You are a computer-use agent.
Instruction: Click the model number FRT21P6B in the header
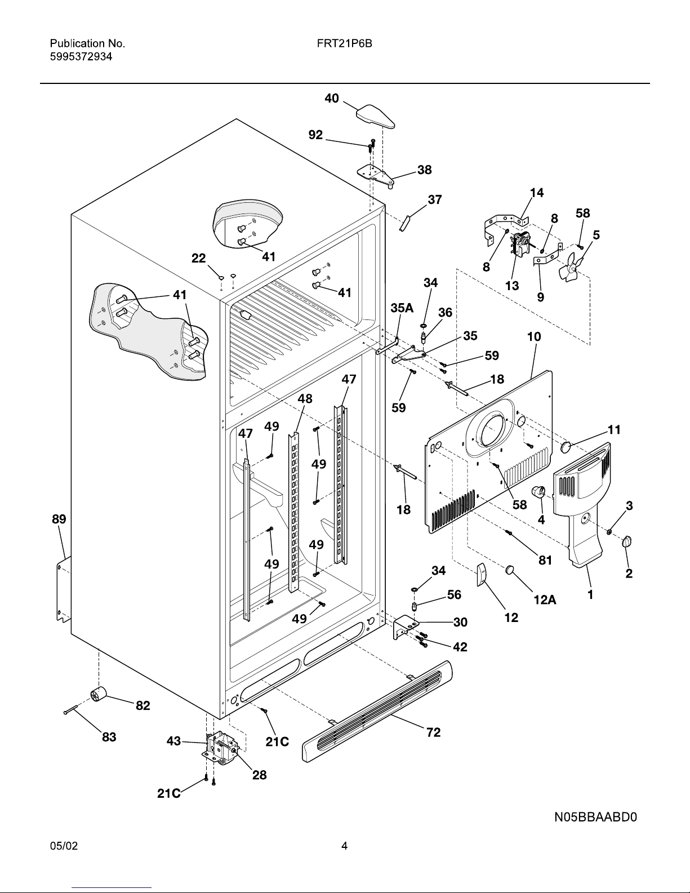[x=341, y=43]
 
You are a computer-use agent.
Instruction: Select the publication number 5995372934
[x=81, y=56]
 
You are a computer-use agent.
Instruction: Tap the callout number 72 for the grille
[x=433, y=732]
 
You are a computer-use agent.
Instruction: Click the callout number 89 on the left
[x=59, y=519]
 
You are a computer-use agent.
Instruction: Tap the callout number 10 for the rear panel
[x=534, y=337]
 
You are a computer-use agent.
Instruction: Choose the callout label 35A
[x=402, y=308]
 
